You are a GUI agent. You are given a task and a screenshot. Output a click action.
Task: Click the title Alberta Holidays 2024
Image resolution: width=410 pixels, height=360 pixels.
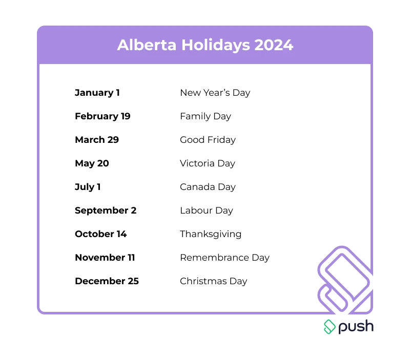(205, 45)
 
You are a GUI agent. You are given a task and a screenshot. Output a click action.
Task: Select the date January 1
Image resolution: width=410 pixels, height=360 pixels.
(97, 93)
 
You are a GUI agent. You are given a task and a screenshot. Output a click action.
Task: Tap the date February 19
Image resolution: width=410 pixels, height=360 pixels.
(102, 116)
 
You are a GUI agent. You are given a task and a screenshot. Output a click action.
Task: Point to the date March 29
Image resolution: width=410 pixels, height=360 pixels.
(97, 140)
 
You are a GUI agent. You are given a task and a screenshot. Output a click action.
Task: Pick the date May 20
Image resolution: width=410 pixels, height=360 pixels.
(92, 163)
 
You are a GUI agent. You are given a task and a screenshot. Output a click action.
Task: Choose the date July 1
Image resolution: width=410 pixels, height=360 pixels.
(88, 187)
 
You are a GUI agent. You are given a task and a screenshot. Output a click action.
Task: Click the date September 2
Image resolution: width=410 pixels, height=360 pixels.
(106, 210)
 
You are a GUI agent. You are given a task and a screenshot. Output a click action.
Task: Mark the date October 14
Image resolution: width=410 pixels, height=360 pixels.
(101, 234)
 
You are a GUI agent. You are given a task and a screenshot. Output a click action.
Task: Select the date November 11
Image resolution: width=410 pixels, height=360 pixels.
(105, 258)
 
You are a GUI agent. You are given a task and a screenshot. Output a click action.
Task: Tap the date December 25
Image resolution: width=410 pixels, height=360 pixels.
(107, 281)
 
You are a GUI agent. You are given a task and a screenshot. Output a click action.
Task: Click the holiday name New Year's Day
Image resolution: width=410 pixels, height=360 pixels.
(215, 93)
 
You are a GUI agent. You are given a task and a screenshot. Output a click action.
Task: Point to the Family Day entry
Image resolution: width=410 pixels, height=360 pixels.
(206, 116)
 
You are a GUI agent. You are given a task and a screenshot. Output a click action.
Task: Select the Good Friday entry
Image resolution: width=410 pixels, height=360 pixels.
(208, 140)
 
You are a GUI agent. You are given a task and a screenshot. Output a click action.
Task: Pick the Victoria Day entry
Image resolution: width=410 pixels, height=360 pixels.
(208, 163)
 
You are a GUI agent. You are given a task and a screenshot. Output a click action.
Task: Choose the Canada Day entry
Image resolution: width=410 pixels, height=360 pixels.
(208, 187)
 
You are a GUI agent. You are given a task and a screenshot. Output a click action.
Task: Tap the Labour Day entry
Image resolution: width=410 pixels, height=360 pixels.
(207, 210)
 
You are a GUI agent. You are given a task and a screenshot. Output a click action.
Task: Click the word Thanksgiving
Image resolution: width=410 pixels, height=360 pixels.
(211, 234)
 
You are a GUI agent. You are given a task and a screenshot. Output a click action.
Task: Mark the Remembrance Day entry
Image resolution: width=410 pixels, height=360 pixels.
(224, 258)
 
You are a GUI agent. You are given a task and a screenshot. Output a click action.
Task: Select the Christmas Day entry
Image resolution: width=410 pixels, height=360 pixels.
(214, 281)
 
